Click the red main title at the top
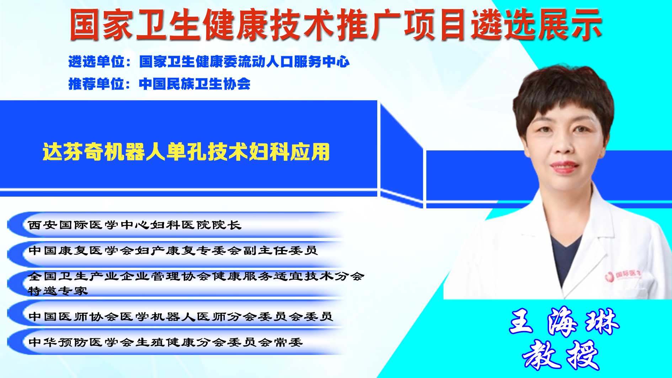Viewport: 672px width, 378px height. coord(336,25)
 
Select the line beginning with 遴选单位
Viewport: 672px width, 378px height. coord(209,62)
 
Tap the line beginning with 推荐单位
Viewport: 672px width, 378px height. coord(159,84)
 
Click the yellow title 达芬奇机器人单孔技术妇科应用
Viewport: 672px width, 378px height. coord(186,152)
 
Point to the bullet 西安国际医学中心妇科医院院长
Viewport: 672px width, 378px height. coord(135,225)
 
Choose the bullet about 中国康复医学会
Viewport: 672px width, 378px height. coord(173,250)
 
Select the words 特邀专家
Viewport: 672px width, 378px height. coord(58,291)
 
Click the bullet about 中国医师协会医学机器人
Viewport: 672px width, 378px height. coord(181,316)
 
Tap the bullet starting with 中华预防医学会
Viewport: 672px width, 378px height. coord(165,342)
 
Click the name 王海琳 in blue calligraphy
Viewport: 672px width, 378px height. coord(564,322)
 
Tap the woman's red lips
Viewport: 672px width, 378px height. coord(564,166)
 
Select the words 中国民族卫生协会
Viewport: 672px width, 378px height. coord(194,84)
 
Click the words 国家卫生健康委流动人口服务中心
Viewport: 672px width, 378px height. coord(245,62)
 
